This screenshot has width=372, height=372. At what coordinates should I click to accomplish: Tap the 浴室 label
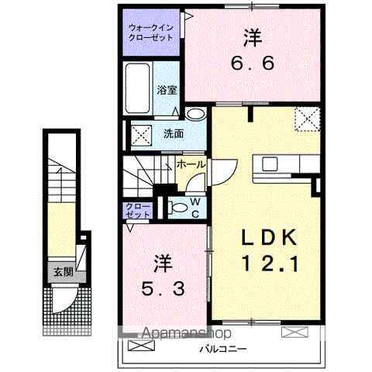pos(165,89)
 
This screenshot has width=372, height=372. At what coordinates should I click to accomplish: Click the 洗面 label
pos(173,133)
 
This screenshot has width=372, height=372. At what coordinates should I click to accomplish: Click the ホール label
pos(191,164)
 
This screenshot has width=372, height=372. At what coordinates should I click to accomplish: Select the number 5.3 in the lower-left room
pos(163,291)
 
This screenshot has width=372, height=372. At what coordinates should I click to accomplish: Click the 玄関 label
pos(63,271)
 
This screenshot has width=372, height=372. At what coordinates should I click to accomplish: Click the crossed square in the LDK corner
pos(308,119)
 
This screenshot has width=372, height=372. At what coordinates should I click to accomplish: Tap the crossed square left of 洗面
pos(141,133)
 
